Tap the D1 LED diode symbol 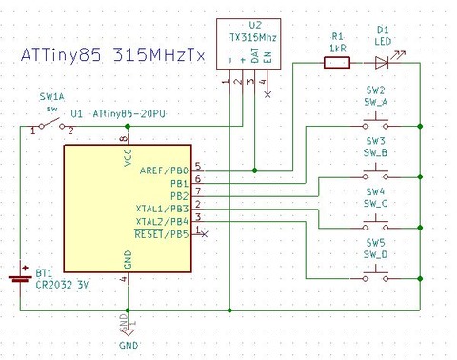point(383,63)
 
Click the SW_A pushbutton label point(376,101)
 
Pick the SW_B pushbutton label point(376,152)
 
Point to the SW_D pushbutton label point(376,255)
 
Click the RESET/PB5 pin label point(162,233)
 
